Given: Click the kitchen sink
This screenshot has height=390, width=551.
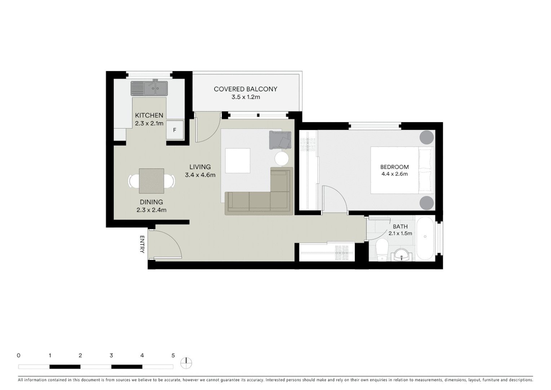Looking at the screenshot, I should pos(149,88).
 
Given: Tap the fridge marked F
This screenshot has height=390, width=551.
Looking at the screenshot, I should pos(175,130).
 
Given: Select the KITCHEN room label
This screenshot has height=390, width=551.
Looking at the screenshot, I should pos(149,115).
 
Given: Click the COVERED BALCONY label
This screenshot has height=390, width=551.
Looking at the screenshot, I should pos(245,89).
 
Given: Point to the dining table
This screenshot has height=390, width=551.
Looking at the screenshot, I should pos(151,181).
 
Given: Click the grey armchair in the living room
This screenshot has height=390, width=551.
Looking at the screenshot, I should pos(280,140).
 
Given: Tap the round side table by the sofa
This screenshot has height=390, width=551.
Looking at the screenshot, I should pos(282,158).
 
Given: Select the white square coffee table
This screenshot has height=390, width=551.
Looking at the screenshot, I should pos(238,161).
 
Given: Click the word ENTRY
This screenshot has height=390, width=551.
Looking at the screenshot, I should pos(142,244).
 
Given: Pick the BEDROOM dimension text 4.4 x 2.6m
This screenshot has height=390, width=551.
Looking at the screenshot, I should pos(394,174).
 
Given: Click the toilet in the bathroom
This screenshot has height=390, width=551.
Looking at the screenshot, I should pos(381,250).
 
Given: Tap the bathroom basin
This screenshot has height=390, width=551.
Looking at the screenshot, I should pos(401,255).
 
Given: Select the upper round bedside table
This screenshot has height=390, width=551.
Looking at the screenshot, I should pos(427,137).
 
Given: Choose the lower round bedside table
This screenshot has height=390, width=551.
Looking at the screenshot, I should pos(427,203).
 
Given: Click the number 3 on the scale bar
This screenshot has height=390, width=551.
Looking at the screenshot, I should pos(111,355).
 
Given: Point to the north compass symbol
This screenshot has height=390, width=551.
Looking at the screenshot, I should pos(186,363).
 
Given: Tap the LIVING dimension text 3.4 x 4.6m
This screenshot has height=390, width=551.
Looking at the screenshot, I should pos(200,175).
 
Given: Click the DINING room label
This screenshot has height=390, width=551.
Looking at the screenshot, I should pos(151,202).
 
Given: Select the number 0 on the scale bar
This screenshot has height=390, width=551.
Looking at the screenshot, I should pos(18,355).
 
